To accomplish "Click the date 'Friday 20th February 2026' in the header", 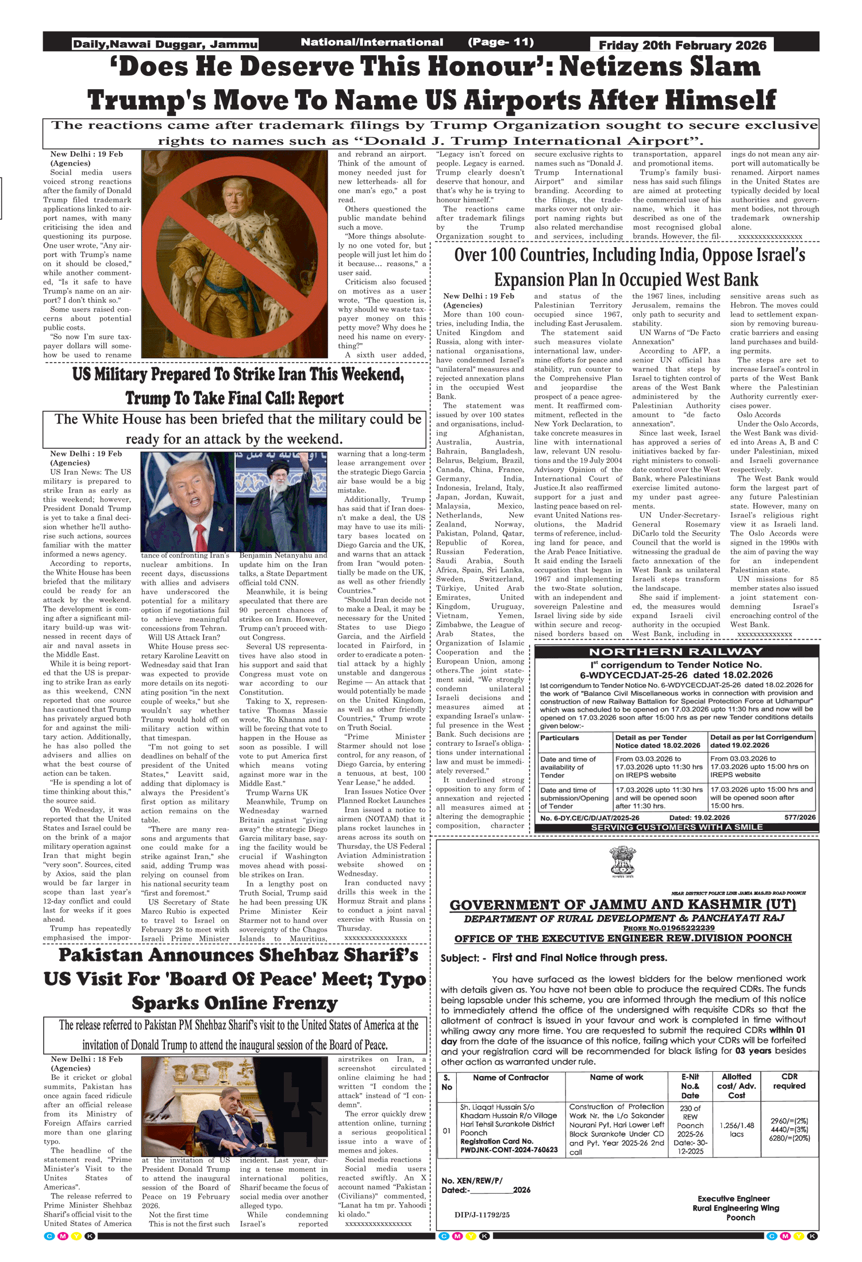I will (682, 45).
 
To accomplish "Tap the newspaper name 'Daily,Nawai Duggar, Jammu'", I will (165, 44).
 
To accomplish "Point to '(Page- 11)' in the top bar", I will (501, 42).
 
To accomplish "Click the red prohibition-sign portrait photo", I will (237, 253).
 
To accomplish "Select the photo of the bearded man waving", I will (282, 501).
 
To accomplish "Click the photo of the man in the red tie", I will (187, 501).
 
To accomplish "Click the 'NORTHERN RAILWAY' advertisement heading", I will (676, 652).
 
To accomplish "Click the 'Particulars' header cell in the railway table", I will (560, 738).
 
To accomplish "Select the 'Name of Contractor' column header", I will (510, 1078).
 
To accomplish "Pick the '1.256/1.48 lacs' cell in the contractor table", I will (737, 1129).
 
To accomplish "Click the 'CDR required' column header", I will (788, 1082).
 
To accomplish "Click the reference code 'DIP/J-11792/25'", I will (482, 1214).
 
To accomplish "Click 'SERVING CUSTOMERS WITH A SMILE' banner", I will (676, 827).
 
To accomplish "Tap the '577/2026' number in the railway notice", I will (799, 817).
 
